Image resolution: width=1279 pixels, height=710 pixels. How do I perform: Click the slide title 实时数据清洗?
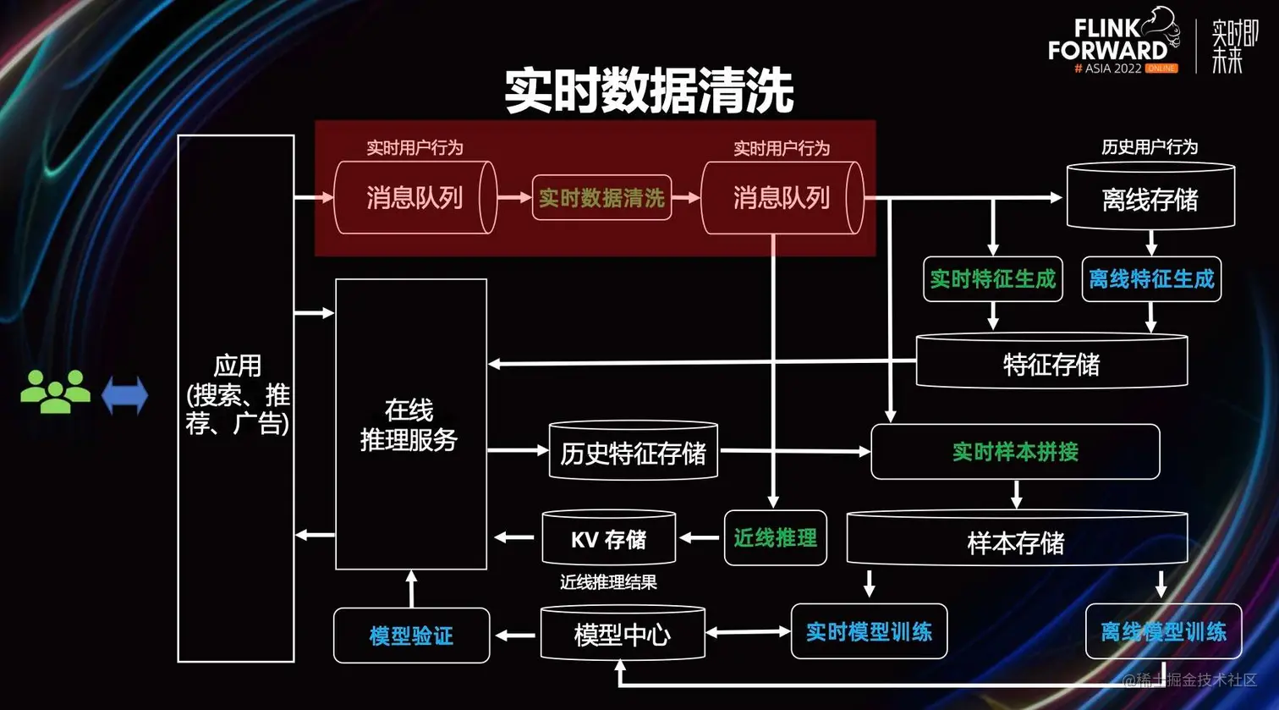(x=649, y=91)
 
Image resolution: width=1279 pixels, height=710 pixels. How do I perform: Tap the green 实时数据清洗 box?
(x=601, y=198)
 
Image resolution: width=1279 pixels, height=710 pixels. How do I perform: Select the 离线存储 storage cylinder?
(x=1150, y=198)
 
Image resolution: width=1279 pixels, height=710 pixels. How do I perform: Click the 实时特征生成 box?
(x=993, y=279)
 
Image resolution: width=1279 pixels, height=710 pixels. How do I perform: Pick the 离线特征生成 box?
(x=1151, y=279)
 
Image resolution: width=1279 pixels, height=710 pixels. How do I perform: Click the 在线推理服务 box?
(x=410, y=424)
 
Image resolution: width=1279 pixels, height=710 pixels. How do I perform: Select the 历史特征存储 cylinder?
(x=633, y=453)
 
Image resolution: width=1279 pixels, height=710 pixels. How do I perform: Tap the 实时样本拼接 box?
(x=1015, y=452)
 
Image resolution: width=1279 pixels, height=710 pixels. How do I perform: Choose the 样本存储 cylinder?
(x=1016, y=542)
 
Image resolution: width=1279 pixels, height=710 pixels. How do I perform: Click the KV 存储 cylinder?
(x=608, y=539)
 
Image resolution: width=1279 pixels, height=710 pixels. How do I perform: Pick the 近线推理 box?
(x=775, y=537)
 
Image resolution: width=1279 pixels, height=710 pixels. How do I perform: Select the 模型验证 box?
(x=411, y=636)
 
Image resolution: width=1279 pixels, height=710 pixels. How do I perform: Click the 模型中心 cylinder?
(x=623, y=634)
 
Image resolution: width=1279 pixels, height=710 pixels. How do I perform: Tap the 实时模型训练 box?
(x=869, y=631)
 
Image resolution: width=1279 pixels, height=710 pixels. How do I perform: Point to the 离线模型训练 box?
(x=1163, y=631)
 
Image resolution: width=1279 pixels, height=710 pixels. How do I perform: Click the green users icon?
(x=55, y=392)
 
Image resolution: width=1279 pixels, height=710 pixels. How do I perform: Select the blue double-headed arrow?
(x=124, y=395)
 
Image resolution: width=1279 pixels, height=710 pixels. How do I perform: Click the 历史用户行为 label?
(x=1150, y=147)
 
